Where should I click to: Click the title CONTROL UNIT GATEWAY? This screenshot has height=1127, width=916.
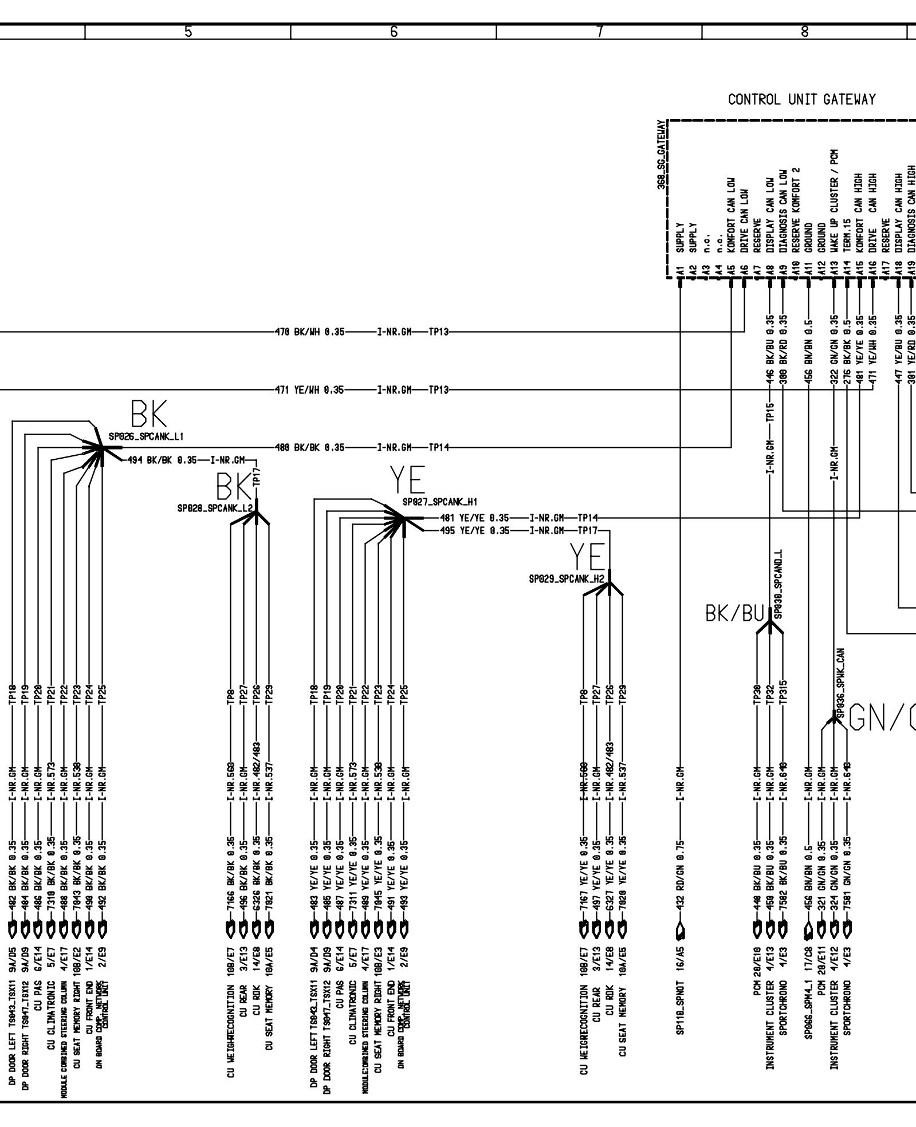click(801, 100)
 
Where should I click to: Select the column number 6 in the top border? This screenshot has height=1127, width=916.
click(394, 32)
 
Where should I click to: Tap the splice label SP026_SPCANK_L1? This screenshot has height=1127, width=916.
click(146, 436)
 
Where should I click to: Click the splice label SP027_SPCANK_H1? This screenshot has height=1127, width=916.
click(440, 502)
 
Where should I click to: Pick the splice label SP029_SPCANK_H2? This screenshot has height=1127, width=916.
click(567, 580)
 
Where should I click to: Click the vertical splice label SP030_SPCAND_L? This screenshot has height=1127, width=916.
click(778, 585)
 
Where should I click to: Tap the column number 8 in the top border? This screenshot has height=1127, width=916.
click(805, 32)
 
